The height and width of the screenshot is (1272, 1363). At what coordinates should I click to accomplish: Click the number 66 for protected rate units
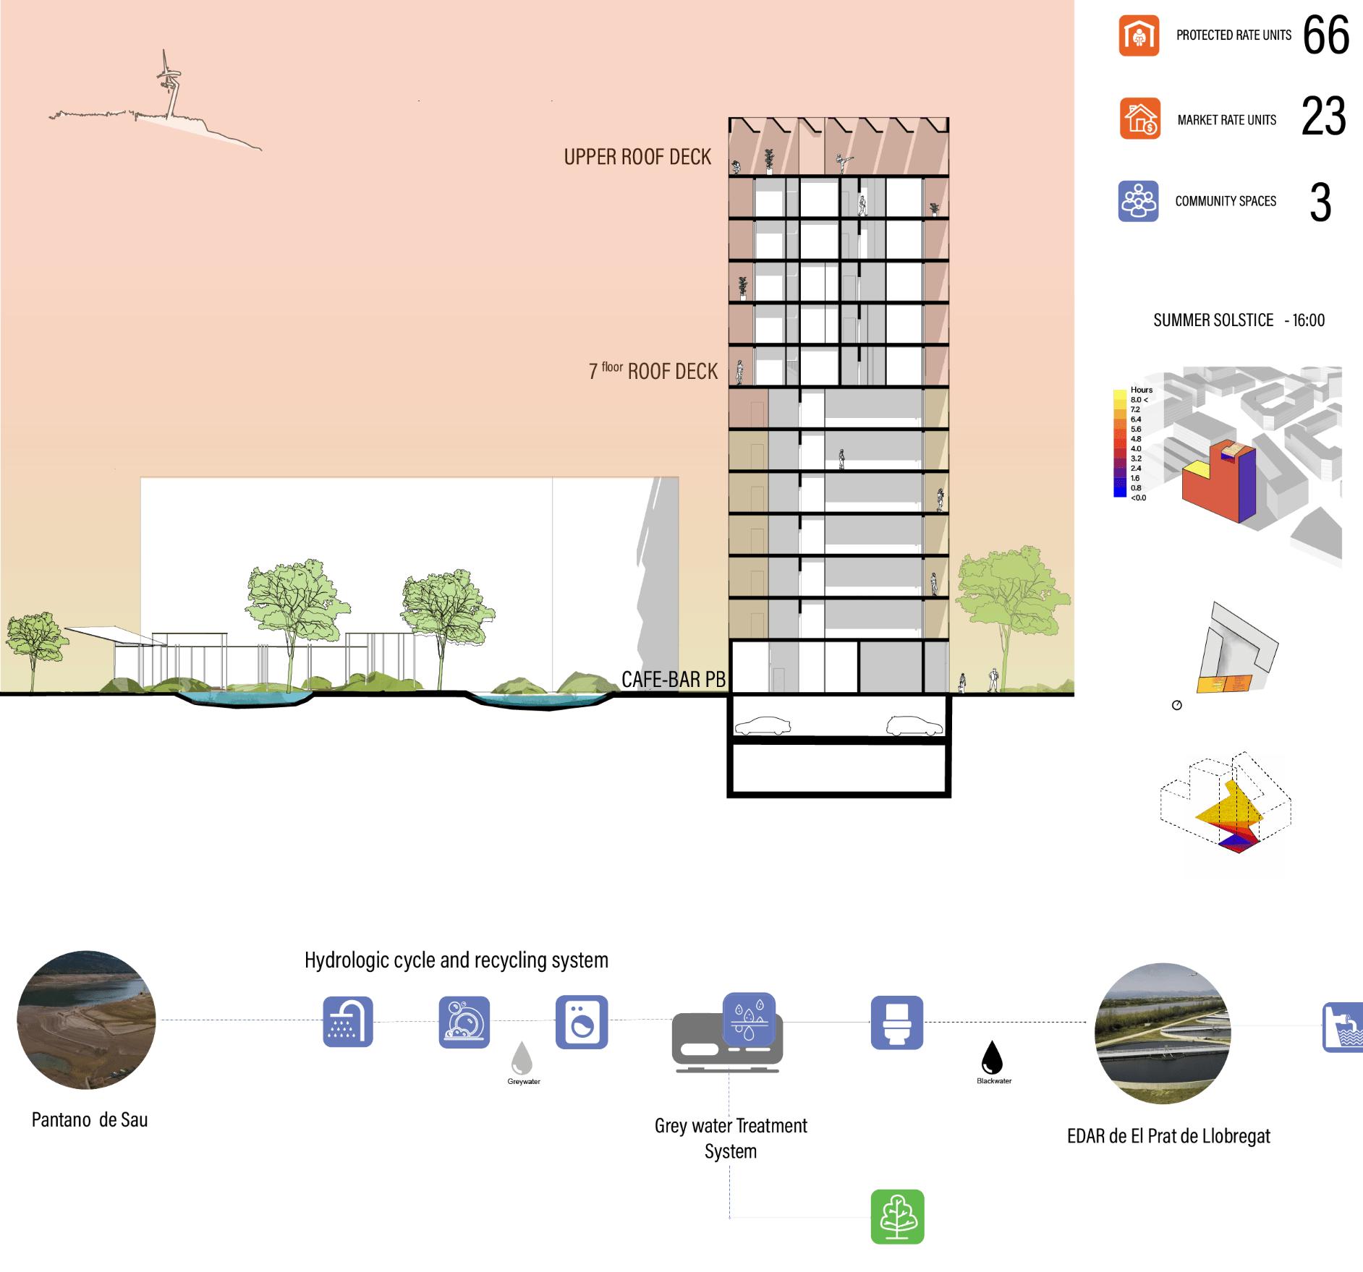(1325, 35)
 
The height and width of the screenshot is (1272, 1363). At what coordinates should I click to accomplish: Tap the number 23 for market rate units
(1323, 116)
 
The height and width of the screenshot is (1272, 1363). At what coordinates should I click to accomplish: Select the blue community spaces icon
(1138, 201)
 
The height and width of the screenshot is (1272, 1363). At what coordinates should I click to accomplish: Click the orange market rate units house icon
(1139, 119)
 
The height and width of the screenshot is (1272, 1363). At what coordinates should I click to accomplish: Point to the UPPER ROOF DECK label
(637, 157)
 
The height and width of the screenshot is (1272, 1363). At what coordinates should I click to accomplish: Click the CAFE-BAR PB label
(673, 678)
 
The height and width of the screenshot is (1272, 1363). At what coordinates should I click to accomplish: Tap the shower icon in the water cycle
(348, 1021)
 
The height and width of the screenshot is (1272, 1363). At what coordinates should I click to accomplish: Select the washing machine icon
(582, 1022)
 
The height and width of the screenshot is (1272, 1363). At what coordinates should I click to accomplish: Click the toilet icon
(896, 1022)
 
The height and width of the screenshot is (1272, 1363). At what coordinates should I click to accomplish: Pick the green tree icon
(897, 1216)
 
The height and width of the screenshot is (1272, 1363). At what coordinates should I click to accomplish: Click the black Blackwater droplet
(992, 1057)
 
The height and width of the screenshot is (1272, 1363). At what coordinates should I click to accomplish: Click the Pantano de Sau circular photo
(87, 1020)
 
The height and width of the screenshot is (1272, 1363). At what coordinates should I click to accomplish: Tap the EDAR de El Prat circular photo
(1163, 1033)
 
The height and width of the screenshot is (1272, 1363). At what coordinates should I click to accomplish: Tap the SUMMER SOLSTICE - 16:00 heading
(1239, 320)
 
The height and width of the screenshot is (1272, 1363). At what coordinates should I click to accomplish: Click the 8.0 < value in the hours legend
(1139, 399)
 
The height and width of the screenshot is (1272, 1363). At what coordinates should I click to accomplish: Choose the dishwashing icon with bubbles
(464, 1022)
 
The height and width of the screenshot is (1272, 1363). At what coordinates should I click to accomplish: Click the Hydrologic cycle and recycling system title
(456, 960)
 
